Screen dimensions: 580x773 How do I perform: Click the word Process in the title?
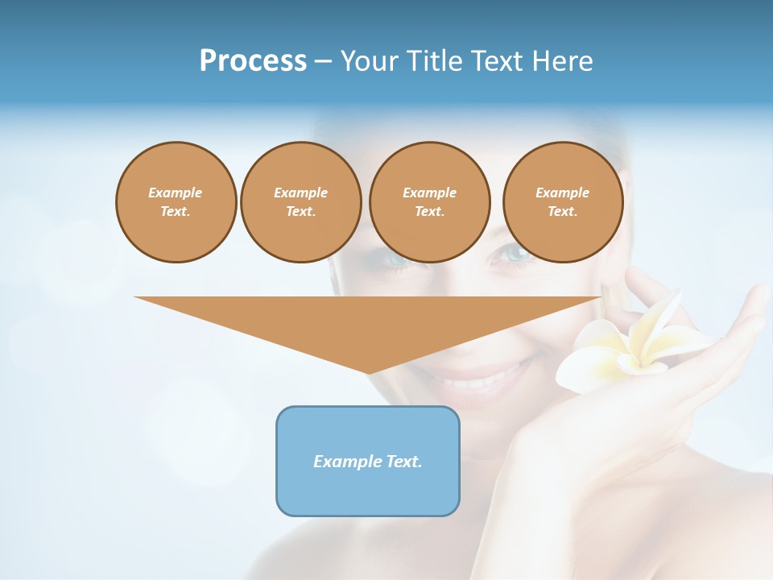click(253, 60)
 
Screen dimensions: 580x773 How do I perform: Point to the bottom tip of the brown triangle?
click(369, 373)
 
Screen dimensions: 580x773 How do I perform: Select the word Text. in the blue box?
click(405, 462)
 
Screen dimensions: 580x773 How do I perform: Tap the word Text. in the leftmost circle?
click(176, 212)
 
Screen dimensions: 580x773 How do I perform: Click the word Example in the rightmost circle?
click(563, 193)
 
